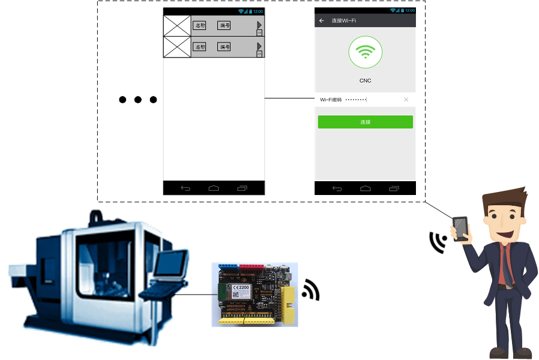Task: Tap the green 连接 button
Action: pyautogui.click(x=365, y=122)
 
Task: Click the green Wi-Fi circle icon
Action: pyautogui.click(x=365, y=53)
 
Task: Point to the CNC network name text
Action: pyautogui.click(x=365, y=80)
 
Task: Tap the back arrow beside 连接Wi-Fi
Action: pyautogui.click(x=322, y=21)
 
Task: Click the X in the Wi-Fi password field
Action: pyautogui.click(x=406, y=100)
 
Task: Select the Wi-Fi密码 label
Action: pyautogui.click(x=331, y=100)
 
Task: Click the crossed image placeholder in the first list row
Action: pyautogui.click(x=177, y=26)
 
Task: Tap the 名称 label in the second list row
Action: pyautogui.click(x=199, y=47)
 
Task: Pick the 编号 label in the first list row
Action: pyautogui.click(x=224, y=26)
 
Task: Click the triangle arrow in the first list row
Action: pyautogui.click(x=259, y=25)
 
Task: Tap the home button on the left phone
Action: pyautogui.click(x=214, y=188)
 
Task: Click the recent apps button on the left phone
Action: pyautogui.click(x=242, y=188)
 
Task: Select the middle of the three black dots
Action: pyautogui.click(x=138, y=100)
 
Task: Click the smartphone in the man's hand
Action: pyautogui.click(x=460, y=228)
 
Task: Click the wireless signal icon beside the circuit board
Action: pyautogui.click(x=310, y=290)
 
